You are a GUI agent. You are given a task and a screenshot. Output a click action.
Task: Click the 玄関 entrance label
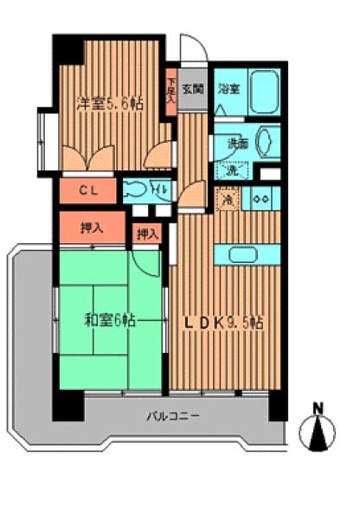click(x=193, y=87)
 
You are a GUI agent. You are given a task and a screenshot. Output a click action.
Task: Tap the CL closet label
click(x=89, y=189)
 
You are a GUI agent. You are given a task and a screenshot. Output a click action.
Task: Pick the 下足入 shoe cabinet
click(x=171, y=91)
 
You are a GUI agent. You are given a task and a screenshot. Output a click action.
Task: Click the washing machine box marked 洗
click(x=231, y=170)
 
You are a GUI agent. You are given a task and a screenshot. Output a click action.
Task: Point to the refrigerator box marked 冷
click(x=227, y=200)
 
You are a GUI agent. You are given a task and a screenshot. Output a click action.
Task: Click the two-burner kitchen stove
click(x=261, y=199)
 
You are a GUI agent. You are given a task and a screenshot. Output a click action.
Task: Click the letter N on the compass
click(x=318, y=407)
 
